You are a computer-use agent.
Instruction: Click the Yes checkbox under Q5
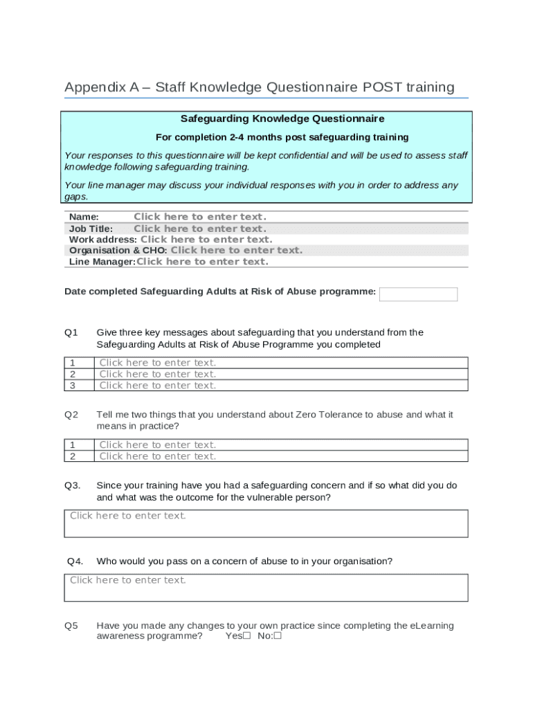(246, 636)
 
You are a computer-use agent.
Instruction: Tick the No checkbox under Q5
(278, 636)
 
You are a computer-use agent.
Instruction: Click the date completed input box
(418, 294)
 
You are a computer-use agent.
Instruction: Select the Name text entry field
(199, 217)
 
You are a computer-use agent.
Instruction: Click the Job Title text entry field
(199, 228)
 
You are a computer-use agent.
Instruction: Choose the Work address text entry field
(206, 240)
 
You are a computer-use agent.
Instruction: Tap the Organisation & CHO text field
(236, 251)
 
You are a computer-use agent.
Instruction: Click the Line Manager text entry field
(202, 262)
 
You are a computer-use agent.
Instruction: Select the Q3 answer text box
(266, 523)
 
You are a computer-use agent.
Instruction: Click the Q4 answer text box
(266, 588)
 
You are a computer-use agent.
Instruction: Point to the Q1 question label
(71, 332)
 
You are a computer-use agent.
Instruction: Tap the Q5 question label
(71, 626)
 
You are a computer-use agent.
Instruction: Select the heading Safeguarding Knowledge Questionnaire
(267, 119)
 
